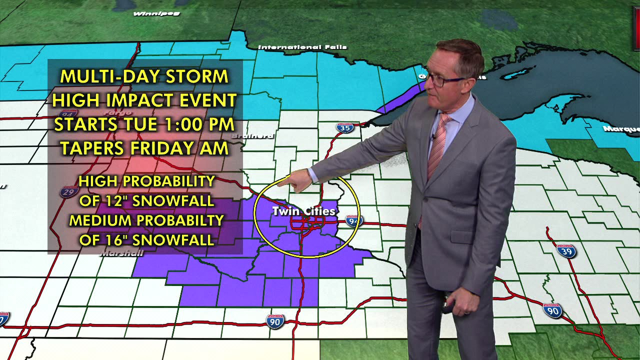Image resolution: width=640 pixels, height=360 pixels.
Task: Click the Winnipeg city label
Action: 150,13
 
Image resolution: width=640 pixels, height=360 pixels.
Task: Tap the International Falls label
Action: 302,47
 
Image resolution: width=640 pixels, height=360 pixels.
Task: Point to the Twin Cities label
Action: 303,211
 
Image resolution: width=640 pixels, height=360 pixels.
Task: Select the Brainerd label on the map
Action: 253,135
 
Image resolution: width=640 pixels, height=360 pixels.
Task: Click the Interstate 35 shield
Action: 344,127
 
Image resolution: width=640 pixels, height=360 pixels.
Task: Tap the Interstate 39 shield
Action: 566,250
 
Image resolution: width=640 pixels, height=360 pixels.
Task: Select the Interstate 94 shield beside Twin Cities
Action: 353,220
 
